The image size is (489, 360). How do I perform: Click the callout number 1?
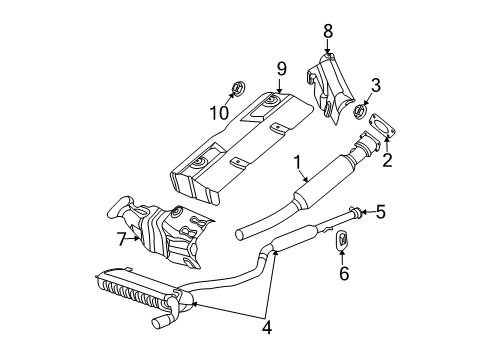tap(297, 160)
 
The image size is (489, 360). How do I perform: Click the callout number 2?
tap(387, 157)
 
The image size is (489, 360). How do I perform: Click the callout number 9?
tap(282, 69)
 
